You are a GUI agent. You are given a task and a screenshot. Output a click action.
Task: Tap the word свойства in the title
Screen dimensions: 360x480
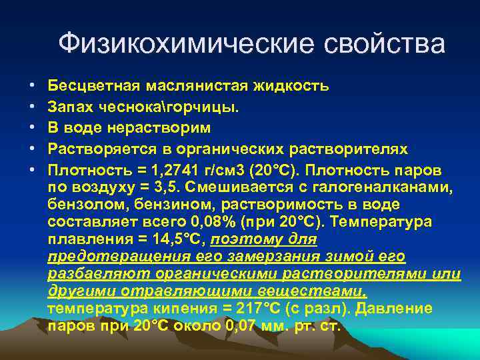point(384,45)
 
